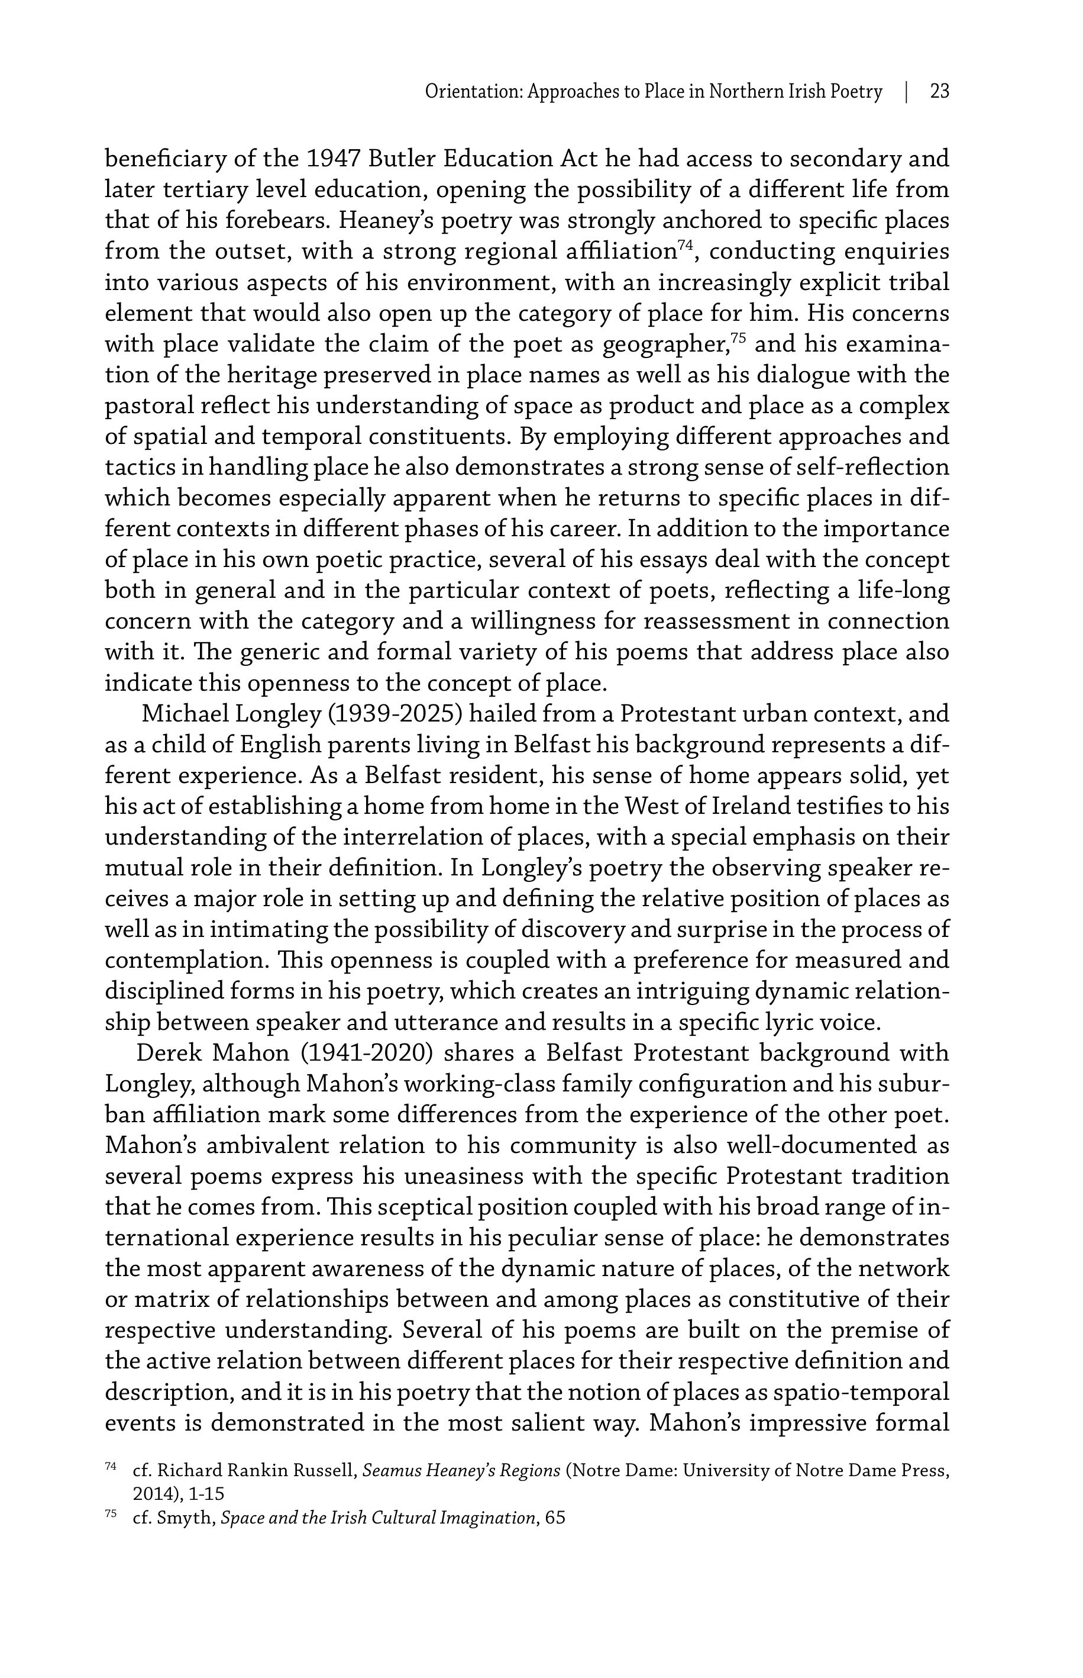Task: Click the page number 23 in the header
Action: (x=939, y=92)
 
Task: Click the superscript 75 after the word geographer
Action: (x=737, y=338)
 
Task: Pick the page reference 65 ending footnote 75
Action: (x=555, y=1518)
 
